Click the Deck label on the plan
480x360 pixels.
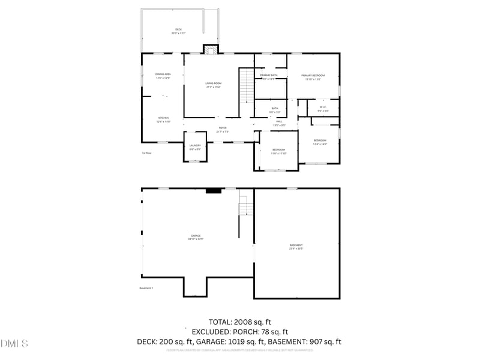[178, 31]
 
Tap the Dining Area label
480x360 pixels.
[163, 76]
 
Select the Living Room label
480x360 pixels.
[213, 85]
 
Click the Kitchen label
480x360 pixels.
[163, 119]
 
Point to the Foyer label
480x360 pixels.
[222, 130]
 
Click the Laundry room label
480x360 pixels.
[194, 147]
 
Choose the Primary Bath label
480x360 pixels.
[268, 77]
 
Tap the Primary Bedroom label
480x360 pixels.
[313, 77]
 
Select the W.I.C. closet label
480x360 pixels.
[323, 109]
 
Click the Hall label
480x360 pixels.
[279, 123]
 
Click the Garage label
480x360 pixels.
[196, 237]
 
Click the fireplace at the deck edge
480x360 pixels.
[211, 49]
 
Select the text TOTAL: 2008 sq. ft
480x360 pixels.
[240, 322]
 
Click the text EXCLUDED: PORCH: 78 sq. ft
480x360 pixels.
[240, 332]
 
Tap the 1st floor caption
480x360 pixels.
[147, 153]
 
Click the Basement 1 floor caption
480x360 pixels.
[146, 288]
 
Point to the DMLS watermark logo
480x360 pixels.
[14, 344]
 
